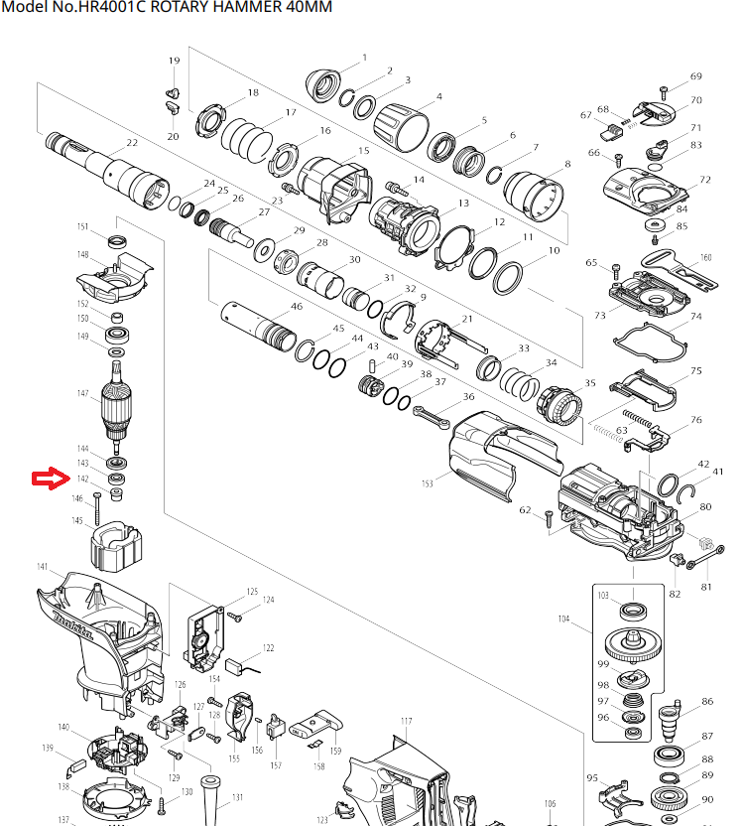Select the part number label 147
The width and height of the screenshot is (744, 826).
coord(83,394)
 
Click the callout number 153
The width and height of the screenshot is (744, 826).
coord(428,483)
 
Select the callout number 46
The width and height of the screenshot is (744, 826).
coord(296,307)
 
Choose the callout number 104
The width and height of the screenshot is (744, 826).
coord(563,619)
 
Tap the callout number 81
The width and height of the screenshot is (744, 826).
coord(707,587)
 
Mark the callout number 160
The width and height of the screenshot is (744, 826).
coord(705,258)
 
